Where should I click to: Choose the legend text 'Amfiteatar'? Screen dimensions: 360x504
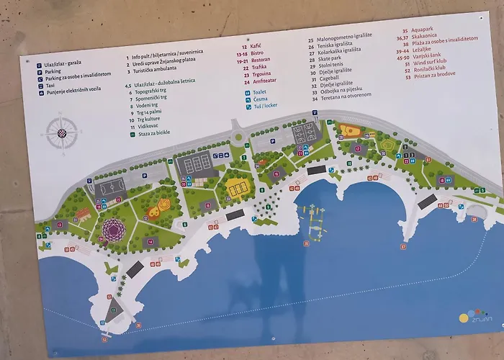pyautogui.click(x=263, y=81)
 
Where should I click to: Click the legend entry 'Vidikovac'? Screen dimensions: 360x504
pyautogui.click(x=149, y=125)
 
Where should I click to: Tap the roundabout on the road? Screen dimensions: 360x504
pyautogui.click(x=238, y=137)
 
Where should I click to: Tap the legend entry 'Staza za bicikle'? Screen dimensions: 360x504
pyautogui.click(x=151, y=133)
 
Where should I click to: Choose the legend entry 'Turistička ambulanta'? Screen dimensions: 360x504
pyautogui.click(x=163, y=68)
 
